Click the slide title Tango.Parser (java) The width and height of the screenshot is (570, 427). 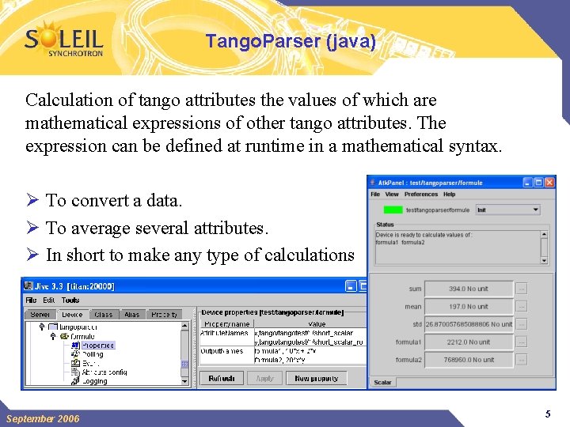[291, 42]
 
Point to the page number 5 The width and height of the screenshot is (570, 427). [547, 414]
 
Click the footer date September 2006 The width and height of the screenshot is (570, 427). [43, 418]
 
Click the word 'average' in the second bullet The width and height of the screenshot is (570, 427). [100, 228]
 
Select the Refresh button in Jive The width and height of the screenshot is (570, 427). [221, 379]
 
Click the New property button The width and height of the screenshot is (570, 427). [316, 379]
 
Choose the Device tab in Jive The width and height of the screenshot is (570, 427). [72, 315]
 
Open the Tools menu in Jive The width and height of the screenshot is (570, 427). [70, 300]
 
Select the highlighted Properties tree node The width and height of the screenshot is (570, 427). [98, 345]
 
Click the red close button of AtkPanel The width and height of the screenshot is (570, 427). [549, 182]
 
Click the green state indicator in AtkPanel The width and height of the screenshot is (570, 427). [393, 210]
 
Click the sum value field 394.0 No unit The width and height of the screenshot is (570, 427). [469, 289]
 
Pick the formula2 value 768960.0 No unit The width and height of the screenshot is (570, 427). [469, 360]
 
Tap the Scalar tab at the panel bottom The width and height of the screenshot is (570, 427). [382, 383]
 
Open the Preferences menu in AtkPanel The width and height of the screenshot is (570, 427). [420, 194]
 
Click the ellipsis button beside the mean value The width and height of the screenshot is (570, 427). [522, 307]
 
